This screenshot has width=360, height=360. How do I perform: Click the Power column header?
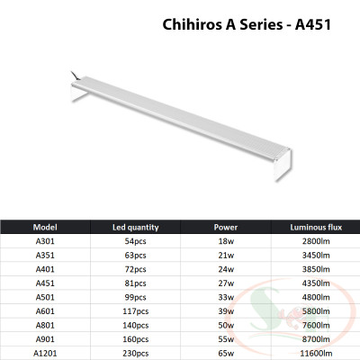226,228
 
